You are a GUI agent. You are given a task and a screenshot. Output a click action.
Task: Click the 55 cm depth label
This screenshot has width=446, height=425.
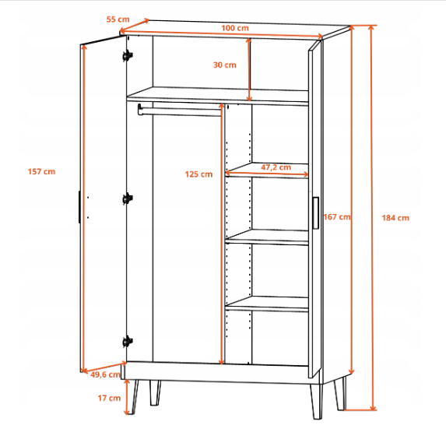(118, 19)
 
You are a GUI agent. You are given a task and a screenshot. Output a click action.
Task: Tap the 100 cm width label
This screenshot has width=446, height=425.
(235, 28)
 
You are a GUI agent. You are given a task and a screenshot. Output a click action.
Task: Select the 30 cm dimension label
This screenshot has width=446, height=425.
(225, 65)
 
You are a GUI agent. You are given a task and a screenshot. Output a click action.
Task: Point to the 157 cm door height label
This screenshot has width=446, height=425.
(41, 171)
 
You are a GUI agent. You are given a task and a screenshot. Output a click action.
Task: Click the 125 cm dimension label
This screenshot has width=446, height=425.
(198, 174)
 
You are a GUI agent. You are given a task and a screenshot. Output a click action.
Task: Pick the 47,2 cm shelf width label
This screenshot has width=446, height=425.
(276, 167)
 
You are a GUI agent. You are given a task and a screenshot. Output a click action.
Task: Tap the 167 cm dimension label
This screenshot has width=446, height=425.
(337, 217)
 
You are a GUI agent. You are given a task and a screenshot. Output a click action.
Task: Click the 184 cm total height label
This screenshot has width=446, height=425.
(395, 218)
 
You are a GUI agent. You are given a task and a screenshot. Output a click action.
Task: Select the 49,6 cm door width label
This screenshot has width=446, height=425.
(105, 374)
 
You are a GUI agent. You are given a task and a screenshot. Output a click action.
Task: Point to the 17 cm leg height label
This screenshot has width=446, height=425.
(109, 398)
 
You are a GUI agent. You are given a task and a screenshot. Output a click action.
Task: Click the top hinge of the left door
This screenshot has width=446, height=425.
(128, 56)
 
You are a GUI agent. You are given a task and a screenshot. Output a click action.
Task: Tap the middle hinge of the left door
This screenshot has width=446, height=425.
(128, 198)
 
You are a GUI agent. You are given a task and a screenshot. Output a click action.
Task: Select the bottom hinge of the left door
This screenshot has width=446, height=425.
(128, 342)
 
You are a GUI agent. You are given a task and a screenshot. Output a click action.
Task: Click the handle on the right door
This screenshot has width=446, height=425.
(315, 212)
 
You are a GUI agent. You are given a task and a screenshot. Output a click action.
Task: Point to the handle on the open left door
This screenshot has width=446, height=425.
(79, 207)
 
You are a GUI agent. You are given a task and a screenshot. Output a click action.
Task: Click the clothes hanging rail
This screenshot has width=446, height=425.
(179, 111)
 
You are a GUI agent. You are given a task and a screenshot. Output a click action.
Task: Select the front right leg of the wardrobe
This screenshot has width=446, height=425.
(316, 402)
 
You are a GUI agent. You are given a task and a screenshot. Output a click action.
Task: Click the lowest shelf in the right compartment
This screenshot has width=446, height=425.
(267, 304)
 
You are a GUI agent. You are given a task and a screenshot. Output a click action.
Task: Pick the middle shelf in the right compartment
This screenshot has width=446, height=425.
(267, 237)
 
